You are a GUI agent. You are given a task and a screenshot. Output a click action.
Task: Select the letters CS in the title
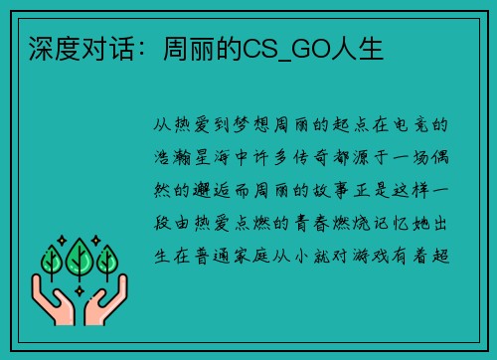click(x=260, y=49)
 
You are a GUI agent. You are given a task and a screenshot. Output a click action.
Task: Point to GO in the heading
click(x=310, y=49)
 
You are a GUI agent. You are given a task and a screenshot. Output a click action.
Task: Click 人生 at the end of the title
click(x=357, y=49)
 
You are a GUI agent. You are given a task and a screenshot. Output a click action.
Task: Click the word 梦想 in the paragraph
click(x=251, y=125)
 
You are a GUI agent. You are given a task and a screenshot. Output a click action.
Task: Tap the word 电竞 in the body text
click(x=411, y=125)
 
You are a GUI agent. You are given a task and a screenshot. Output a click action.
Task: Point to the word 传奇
click(x=310, y=157)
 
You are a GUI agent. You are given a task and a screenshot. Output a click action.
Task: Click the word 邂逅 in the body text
click(x=211, y=190)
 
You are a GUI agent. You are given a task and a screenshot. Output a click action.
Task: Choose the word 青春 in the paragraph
click(x=311, y=223)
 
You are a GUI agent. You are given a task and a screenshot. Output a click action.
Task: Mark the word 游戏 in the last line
click(x=371, y=256)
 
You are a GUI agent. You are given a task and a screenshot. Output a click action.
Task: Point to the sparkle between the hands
click(x=80, y=291)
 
